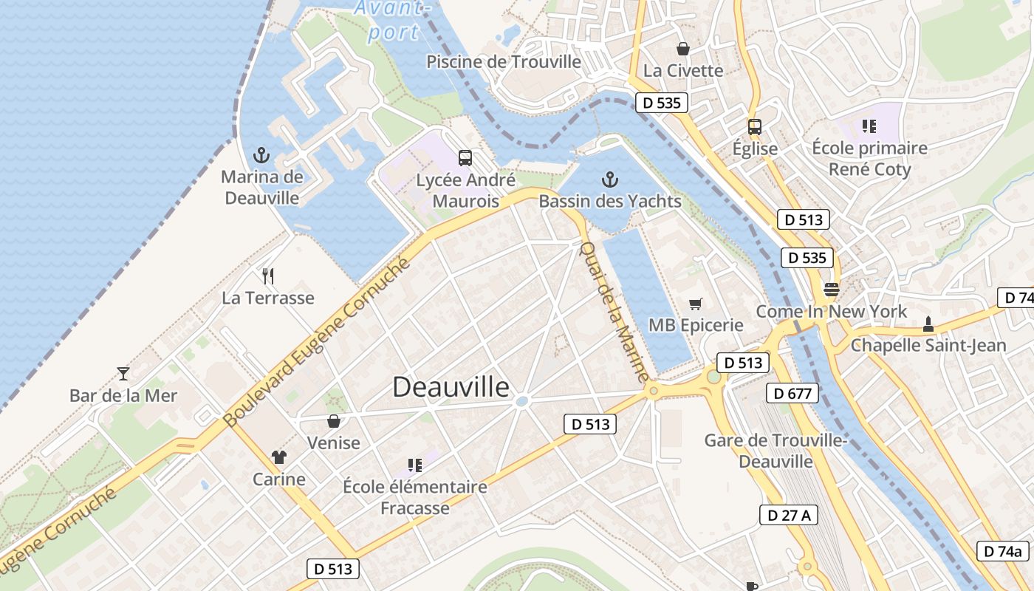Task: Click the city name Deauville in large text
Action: click(x=451, y=387)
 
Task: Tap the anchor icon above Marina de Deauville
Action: click(x=261, y=155)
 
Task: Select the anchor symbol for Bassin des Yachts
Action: click(x=609, y=179)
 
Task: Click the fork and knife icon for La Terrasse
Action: click(x=268, y=276)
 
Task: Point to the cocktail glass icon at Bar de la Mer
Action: click(x=123, y=374)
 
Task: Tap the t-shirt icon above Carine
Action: click(x=278, y=457)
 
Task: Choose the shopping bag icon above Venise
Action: click(x=334, y=421)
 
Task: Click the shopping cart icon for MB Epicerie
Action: click(x=695, y=304)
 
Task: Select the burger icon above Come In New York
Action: click(x=832, y=290)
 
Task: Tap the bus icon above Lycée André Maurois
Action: click(x=465, y=157)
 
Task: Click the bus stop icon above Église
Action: click(x=754, y=126)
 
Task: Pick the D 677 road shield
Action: click(x=792, y=393)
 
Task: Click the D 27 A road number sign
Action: click(x=788, y=515)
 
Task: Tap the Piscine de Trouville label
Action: click(x=504, y=62)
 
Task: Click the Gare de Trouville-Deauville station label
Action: click(x=775, y=451)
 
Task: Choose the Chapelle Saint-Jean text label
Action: click(x=928, y=345)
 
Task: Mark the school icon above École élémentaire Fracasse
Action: click(x=415, y=465)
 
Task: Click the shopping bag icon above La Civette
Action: click(x=683, y=49)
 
